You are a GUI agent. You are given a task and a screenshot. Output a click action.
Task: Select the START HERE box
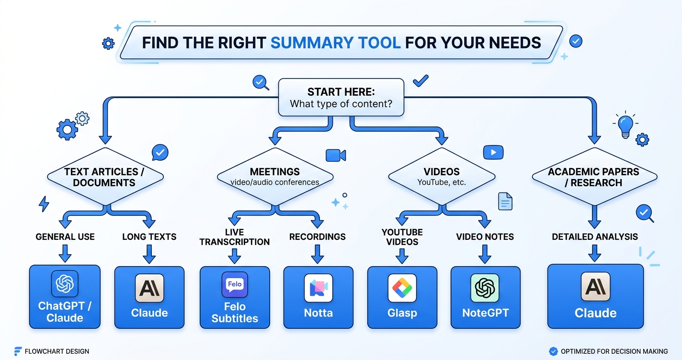(341, 97)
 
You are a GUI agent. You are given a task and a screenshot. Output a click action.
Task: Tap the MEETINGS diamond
(274, 176)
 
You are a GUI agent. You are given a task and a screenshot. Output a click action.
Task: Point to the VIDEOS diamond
(441, 176)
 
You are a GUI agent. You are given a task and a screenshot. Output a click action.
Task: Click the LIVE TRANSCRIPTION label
(234, 237)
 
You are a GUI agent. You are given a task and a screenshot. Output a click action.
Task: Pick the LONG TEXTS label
(149, 236)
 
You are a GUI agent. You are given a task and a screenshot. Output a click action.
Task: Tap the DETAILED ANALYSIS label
(594, 236)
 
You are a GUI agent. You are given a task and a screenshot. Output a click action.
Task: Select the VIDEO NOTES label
(485, 236)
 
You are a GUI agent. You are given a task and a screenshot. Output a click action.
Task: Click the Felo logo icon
(234, 285)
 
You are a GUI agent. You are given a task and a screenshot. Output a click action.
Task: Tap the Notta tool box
(318, 297)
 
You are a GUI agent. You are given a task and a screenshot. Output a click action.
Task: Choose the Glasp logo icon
(402, 288)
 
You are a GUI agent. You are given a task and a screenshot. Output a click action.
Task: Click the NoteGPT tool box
(485, 297)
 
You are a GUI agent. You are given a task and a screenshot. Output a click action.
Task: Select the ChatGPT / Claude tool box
(65, 297)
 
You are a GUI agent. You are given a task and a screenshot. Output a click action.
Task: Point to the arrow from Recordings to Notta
(318, 254)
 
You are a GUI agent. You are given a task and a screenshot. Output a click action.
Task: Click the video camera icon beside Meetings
(335, 155)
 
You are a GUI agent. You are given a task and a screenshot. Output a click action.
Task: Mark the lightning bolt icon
(44, 204)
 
